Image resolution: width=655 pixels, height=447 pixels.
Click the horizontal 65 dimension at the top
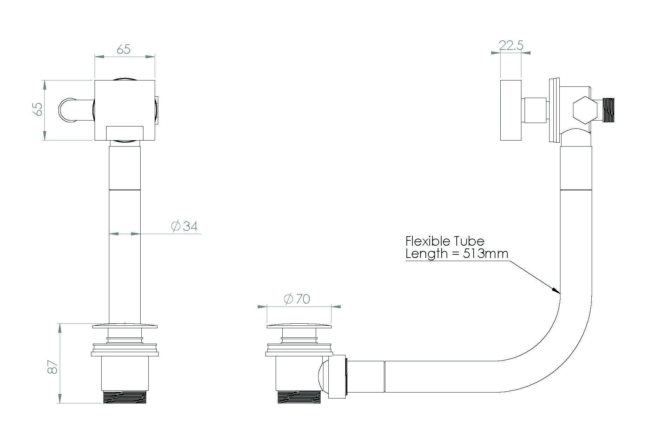point(124,50)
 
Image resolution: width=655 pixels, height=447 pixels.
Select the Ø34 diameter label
point(184,226)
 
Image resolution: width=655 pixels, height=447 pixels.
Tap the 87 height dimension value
point(52,366)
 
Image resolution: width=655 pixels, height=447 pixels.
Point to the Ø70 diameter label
point(297,299)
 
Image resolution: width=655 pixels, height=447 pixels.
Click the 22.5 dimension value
point(511,45)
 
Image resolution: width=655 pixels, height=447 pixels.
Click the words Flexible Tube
point(445,241)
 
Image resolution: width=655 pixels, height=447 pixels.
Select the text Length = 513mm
point(457,254)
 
